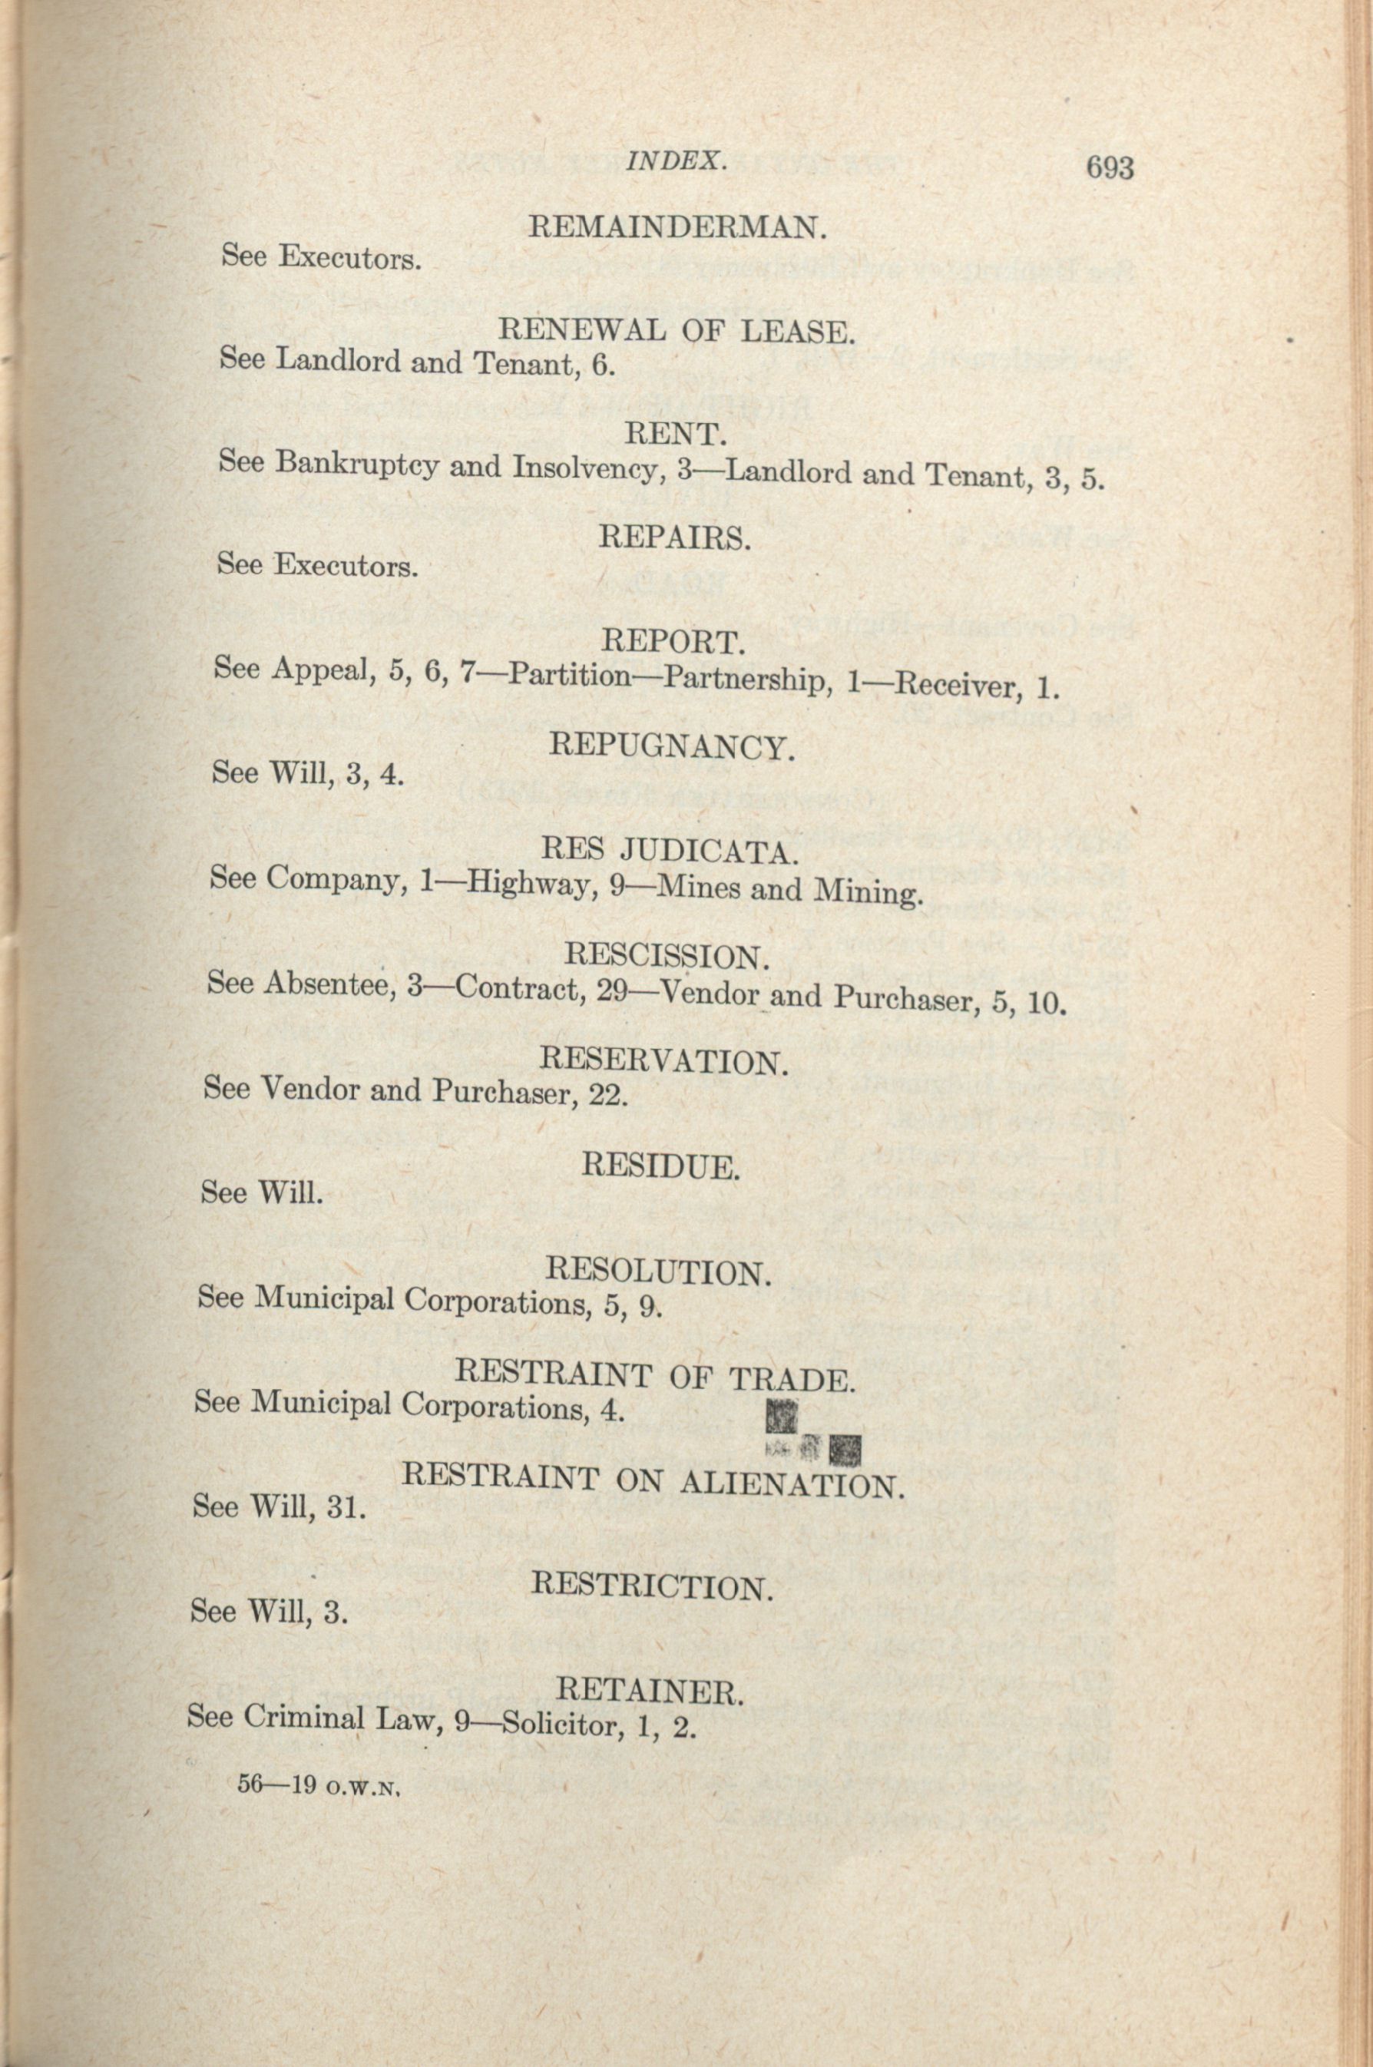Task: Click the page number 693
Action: [x=1110, y=167]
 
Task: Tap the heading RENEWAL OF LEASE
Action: [x=675, y=332]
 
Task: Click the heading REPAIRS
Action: [x=675, y=537]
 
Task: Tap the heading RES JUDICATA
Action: [x=670, y=850]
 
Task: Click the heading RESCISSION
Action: [x=667, y=955]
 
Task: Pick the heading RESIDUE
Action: [x=661, y=1166]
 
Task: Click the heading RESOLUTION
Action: [x=659, y=1272]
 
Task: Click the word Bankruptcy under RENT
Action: [x=356, y=464]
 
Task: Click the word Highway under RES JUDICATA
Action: [x=526, y=885]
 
